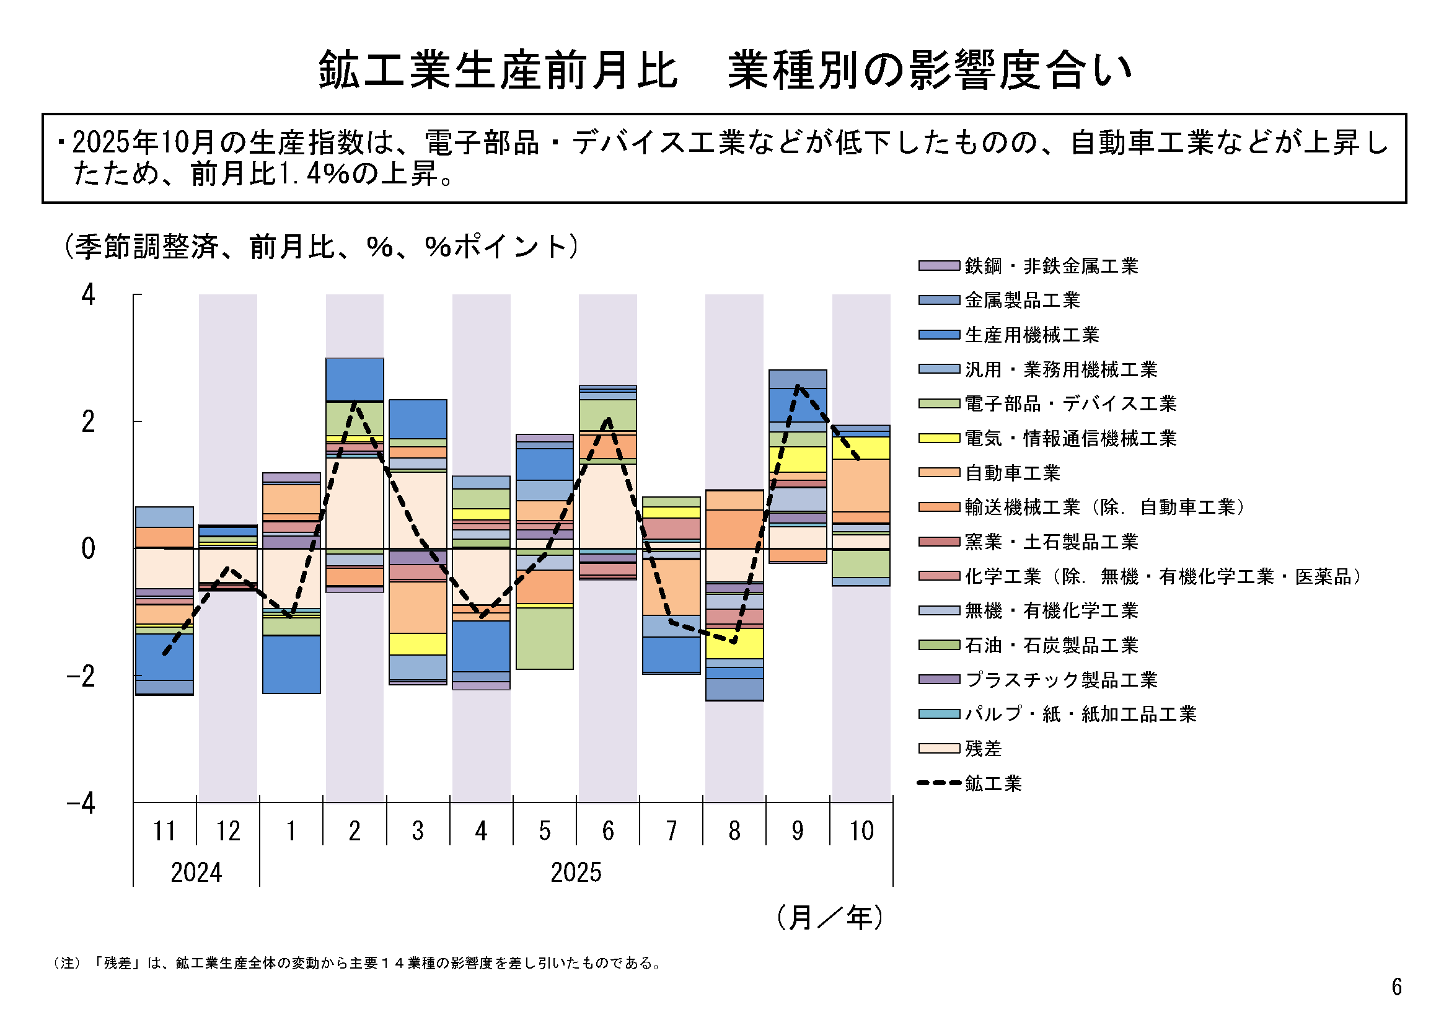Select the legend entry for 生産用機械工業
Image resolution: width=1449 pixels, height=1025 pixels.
(x=1032, y=335)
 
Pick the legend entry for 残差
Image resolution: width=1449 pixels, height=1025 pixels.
(x=983, y=749)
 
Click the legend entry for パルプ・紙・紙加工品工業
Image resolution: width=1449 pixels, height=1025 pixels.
(x=1080, y=714)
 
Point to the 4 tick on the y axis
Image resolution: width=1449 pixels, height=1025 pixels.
(x=89, y=295)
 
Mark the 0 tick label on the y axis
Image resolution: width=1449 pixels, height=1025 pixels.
(x=89, y=549)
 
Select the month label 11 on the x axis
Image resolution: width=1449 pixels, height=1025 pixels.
(x=165, y=830)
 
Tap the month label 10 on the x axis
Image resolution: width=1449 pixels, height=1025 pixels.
(x=861, y=830)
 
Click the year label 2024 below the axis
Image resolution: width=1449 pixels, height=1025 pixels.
(x=196, y=873)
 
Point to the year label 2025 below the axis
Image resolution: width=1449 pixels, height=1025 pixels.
(x=576, y=873)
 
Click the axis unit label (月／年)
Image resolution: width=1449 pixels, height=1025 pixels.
(x=830, y=917)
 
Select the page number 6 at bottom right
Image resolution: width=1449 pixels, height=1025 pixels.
(x=1396, y=987)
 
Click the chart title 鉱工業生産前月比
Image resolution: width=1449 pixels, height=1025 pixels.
(x=498, y=70)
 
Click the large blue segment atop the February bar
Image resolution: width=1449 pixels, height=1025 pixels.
(x=355, y=379)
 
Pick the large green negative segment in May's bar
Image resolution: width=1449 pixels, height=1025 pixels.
(x=545, y=638)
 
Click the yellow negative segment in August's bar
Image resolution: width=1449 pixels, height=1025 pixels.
(x=734, y=644)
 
